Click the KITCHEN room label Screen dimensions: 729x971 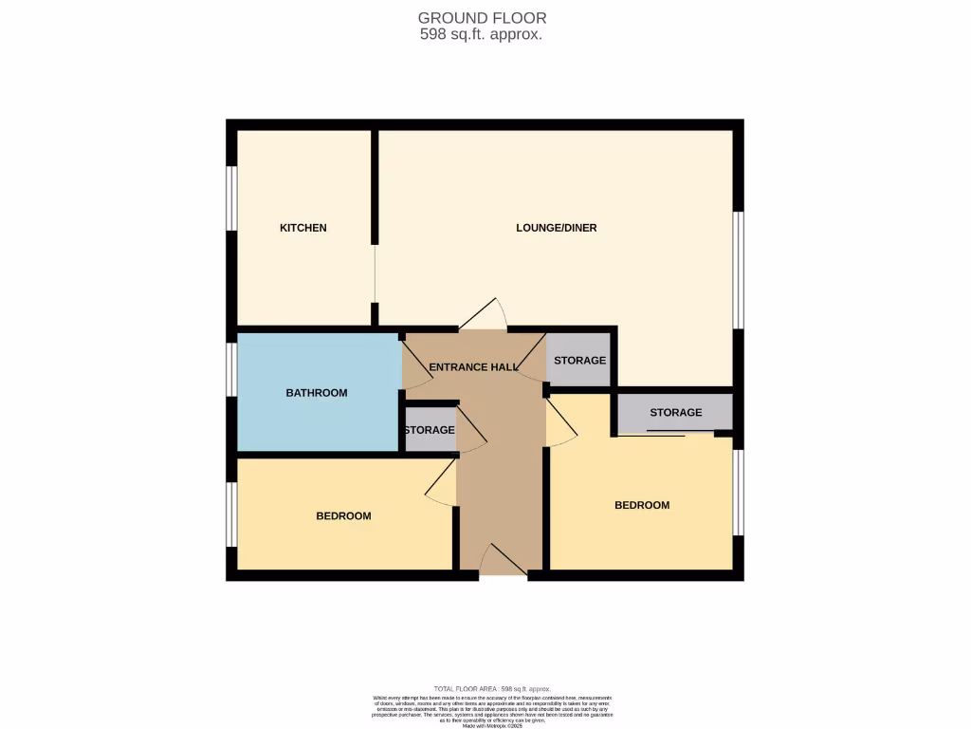pos(302,228)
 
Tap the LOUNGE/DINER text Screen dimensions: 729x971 pos(556,228)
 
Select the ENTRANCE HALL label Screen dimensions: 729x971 pos(473,367)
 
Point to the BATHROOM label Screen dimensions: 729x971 pos(317,393)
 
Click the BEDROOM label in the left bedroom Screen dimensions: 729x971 pos(343,516)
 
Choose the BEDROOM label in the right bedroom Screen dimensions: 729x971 pos(642,506)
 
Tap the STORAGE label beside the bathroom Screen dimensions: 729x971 pos(429,431)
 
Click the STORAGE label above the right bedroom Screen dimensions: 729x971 pos(675,413)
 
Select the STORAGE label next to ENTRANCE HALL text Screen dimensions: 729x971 pos(579,361)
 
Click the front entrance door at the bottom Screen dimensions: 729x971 pos(503,562)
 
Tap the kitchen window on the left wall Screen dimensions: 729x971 pos(230,198)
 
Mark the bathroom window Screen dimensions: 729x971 pos(230,368)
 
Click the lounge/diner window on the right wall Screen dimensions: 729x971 pos(739,271)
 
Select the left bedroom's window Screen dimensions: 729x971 pos(230,515)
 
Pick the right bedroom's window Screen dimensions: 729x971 pos(739,492)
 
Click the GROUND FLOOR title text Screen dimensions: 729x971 pos(482,18)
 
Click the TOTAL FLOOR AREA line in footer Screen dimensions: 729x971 pos(491,689)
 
